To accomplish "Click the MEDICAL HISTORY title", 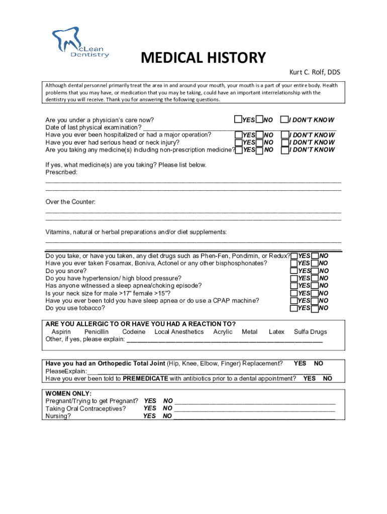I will point(203,58).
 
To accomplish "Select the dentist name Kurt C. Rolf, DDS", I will point(314,72).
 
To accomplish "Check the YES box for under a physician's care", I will point(238,119).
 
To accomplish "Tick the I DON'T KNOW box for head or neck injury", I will point(284,143).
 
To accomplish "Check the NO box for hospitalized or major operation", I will point(259,135).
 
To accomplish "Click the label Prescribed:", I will point(62,172).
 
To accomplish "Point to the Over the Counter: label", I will point(70,202).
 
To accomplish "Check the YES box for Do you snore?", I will point(294,271).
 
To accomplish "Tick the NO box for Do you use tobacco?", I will point(315,308).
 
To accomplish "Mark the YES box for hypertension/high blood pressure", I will point(294,278).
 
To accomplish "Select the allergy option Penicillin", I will point(96,332).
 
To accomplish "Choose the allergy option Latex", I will point(276,332).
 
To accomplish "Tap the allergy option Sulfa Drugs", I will point(310,332).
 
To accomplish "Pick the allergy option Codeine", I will point(134,332).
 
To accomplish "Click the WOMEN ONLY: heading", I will point(68,394).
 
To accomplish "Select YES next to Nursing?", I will point(150,416).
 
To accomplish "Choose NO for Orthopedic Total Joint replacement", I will point(319,363).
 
